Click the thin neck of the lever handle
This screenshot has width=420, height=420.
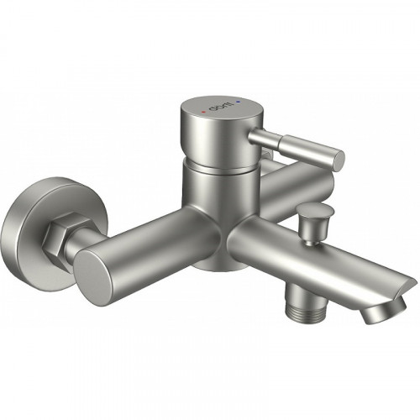(x=267, y=136)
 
